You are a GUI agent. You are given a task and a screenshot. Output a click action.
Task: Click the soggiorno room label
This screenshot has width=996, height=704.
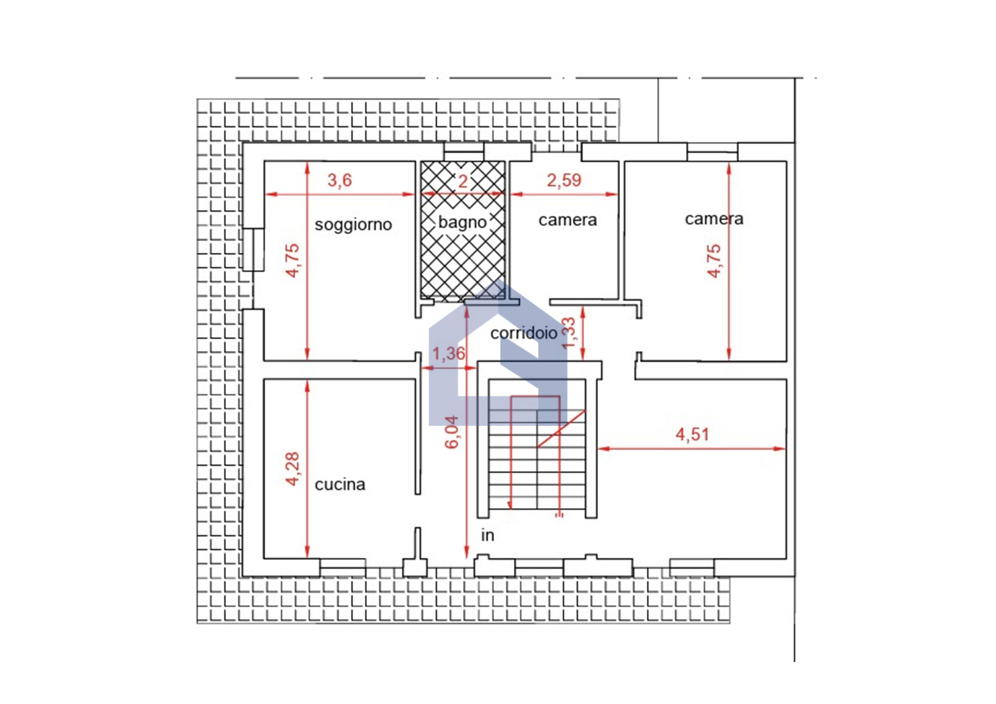point(353,225)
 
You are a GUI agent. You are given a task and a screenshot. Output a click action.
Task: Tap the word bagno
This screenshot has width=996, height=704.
point(462,222)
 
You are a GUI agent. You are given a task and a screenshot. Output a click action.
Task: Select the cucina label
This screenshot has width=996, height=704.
point(340,484)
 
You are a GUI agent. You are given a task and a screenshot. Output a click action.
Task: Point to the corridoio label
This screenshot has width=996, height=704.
point(524,333)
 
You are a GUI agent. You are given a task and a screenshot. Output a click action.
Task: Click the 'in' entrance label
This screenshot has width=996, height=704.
point(488,535)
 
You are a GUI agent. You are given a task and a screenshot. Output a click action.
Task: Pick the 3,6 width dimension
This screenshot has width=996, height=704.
point(340,181)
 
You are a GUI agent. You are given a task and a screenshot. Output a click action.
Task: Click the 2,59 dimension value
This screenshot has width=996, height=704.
point(564,181)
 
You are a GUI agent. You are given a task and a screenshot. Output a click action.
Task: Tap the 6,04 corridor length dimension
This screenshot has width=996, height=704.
point(452,432)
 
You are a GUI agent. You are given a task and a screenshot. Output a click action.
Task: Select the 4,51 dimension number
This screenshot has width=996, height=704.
point(692,435)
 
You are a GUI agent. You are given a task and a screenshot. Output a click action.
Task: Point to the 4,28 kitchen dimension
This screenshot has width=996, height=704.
point(292,469)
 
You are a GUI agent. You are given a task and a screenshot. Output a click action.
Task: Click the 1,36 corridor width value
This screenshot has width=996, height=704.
point(449,354)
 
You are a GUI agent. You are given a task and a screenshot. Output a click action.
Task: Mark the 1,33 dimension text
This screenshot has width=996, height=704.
point(568,333)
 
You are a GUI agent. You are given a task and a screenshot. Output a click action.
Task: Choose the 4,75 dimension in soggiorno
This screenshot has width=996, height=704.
point(292,261)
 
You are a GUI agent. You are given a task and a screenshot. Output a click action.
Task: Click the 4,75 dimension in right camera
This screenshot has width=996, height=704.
point(714,261)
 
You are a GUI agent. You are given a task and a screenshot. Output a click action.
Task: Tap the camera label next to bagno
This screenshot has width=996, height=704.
point(568,220)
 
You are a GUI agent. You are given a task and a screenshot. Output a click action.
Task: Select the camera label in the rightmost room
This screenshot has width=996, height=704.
point(714,219)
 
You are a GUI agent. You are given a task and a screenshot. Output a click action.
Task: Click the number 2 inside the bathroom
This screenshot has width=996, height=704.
point(463,182)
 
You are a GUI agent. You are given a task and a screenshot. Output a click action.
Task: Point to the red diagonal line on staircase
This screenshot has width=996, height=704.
point(562,428)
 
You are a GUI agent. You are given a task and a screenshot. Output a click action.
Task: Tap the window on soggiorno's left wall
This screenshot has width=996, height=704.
point(254,249)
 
